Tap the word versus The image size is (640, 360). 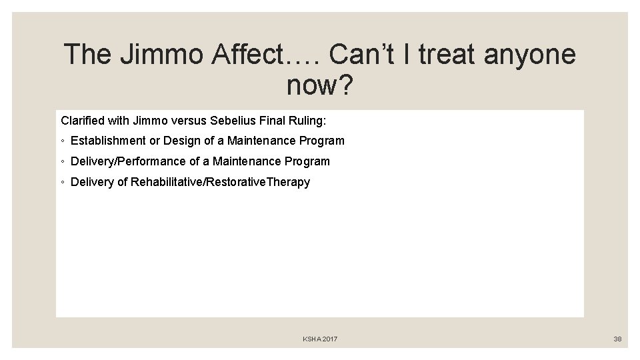pyautogui.click(x=190, y=121)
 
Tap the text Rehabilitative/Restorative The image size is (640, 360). pyautogui.click(x=198, y=182)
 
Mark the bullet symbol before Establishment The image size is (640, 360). pyautogui.click(x=62, y=141)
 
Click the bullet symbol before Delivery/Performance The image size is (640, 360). pyautogui.click(x=62, y=162)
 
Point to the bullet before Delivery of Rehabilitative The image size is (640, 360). pyautogui.click(x=62, y=183)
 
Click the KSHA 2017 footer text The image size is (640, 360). pyautogui.click(x=320, y=339)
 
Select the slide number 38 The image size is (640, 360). pyautogui.click(x=617, y=339)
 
